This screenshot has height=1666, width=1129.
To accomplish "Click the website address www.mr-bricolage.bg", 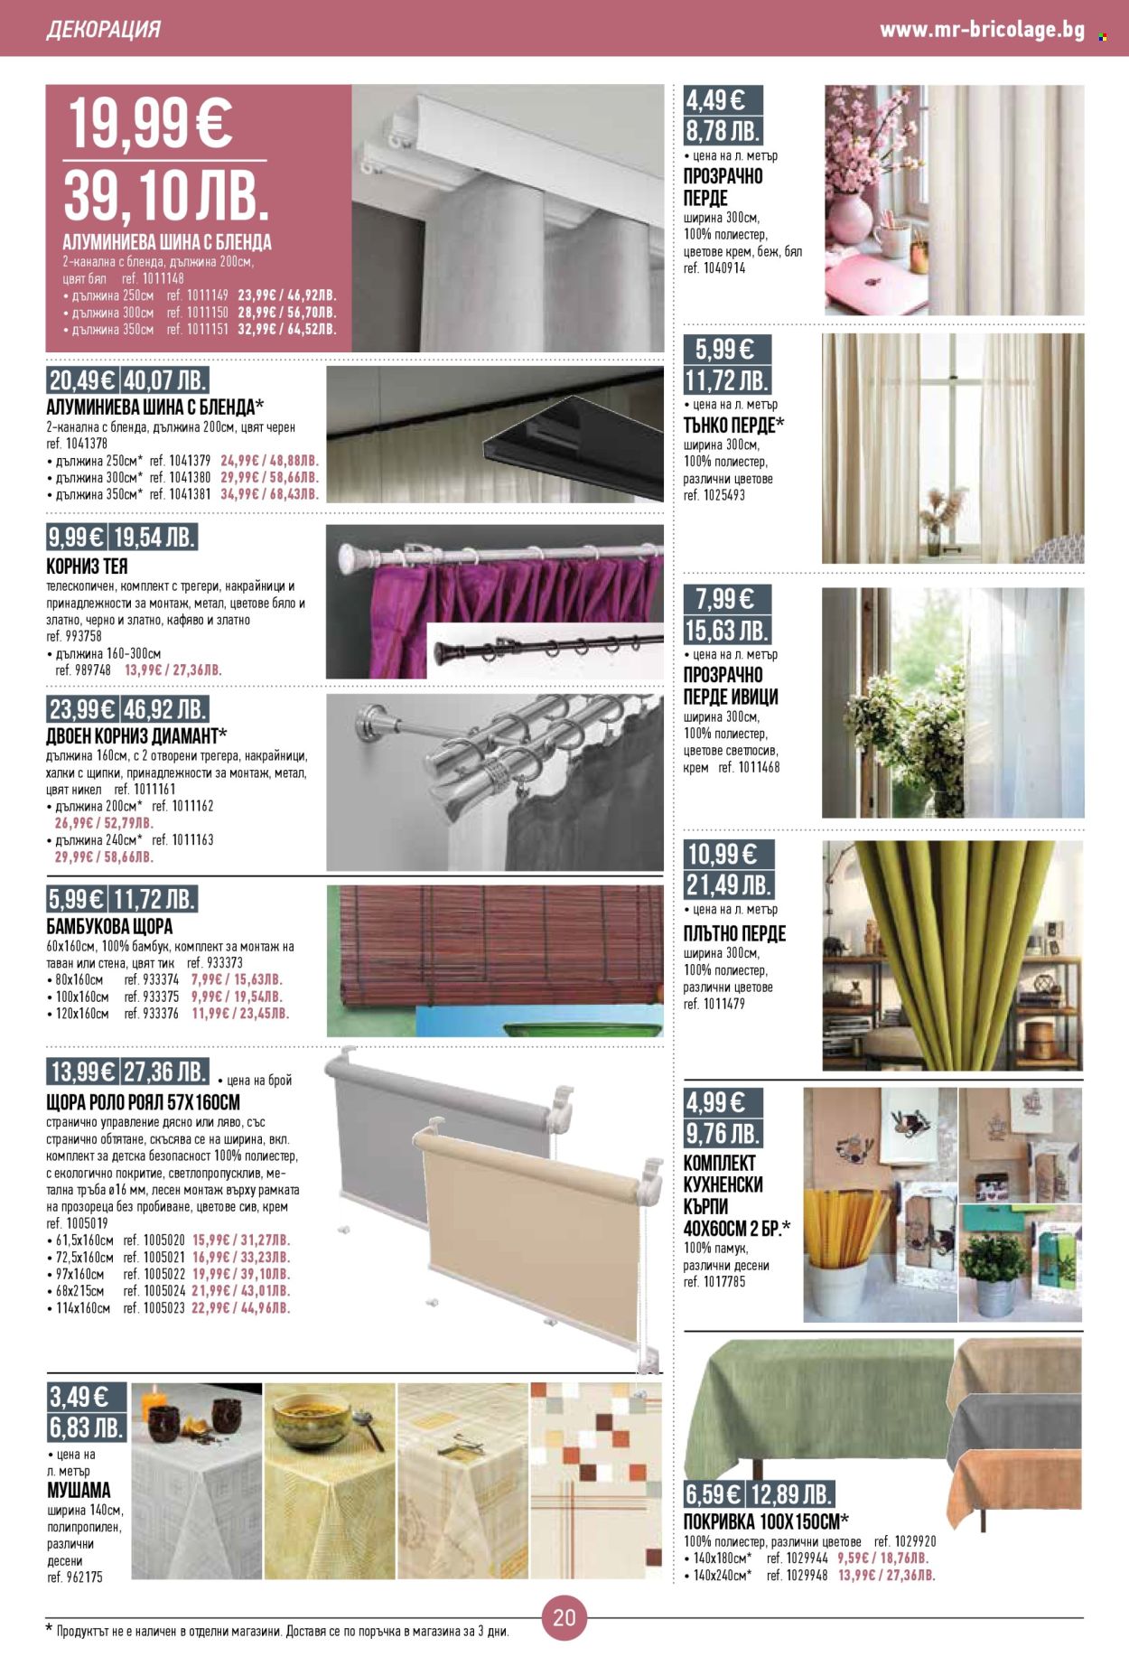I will pos(982,30).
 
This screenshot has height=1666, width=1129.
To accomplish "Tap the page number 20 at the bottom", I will pos(564,1617).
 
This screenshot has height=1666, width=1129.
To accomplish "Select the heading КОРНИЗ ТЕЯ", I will pos(87,566).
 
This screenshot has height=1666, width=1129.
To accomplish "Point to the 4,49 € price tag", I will pos(715,99).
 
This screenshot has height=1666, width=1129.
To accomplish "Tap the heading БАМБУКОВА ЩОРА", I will pos(109,926).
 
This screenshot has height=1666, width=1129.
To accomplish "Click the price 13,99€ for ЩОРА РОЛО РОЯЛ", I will pos(82,1072).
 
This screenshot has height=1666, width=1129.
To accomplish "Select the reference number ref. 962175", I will pos(75,1577).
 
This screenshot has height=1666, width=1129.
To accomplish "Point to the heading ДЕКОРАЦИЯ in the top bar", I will pos(103,30).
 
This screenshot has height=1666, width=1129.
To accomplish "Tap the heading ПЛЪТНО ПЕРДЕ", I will pos(734,933).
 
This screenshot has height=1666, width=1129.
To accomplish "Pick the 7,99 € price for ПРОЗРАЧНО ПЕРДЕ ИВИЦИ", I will pos(724,598).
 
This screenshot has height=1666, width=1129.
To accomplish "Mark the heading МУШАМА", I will pos(79,1490).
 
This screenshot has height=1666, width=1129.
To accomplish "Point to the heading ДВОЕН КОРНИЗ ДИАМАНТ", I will pos(135,735).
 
